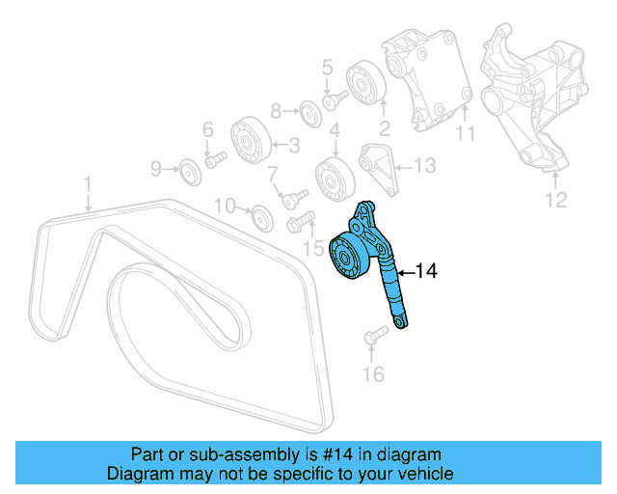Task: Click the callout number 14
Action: click(x=425, y=272)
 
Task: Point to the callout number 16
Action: click(x=374, y=373)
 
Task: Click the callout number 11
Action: click(x=466, y=135)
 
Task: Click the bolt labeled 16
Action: click(x=375, y=335)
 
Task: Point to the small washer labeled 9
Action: click(x=190, y=173)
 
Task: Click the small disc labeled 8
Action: click(x=309, y=112)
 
